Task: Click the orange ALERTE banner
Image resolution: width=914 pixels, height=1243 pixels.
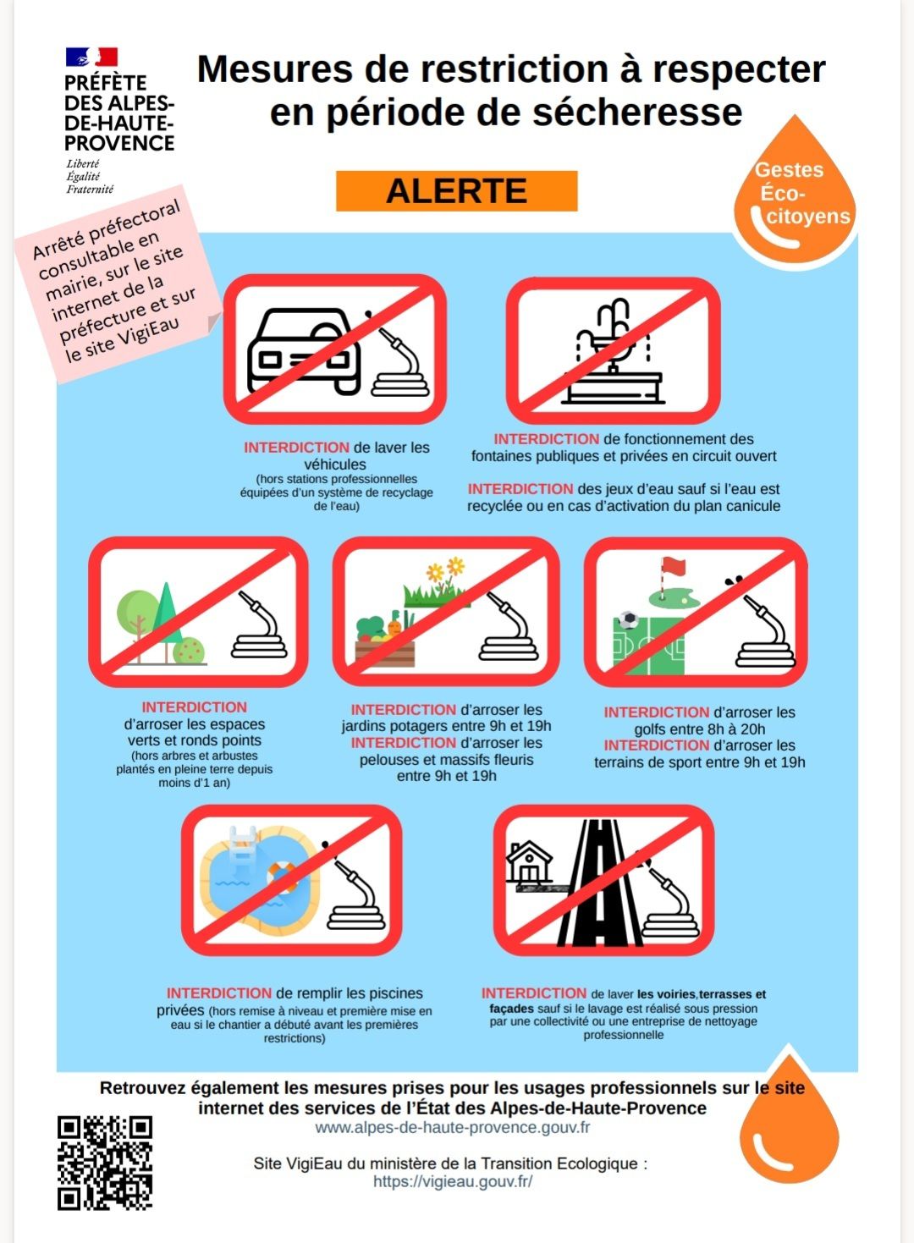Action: point(456,191)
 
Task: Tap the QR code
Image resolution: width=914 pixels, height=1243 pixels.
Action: point(105,1163)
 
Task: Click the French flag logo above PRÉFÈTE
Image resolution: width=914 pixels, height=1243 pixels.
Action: point(91,58)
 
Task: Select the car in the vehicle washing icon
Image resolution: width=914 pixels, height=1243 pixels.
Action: point(303,351)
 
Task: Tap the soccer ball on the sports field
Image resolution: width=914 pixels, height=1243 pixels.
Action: point(628,619)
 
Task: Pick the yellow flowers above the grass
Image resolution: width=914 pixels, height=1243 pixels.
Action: point(446,570)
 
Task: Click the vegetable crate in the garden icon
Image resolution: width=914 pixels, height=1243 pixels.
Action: point(384,653)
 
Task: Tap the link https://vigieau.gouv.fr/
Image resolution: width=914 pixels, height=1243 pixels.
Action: point(453,1181)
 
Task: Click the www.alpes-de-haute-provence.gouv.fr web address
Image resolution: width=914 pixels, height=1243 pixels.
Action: point(452,1128)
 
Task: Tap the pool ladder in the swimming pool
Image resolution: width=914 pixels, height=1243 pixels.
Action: point(243,844)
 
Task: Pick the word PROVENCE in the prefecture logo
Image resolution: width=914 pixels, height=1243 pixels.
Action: point(119,143)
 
